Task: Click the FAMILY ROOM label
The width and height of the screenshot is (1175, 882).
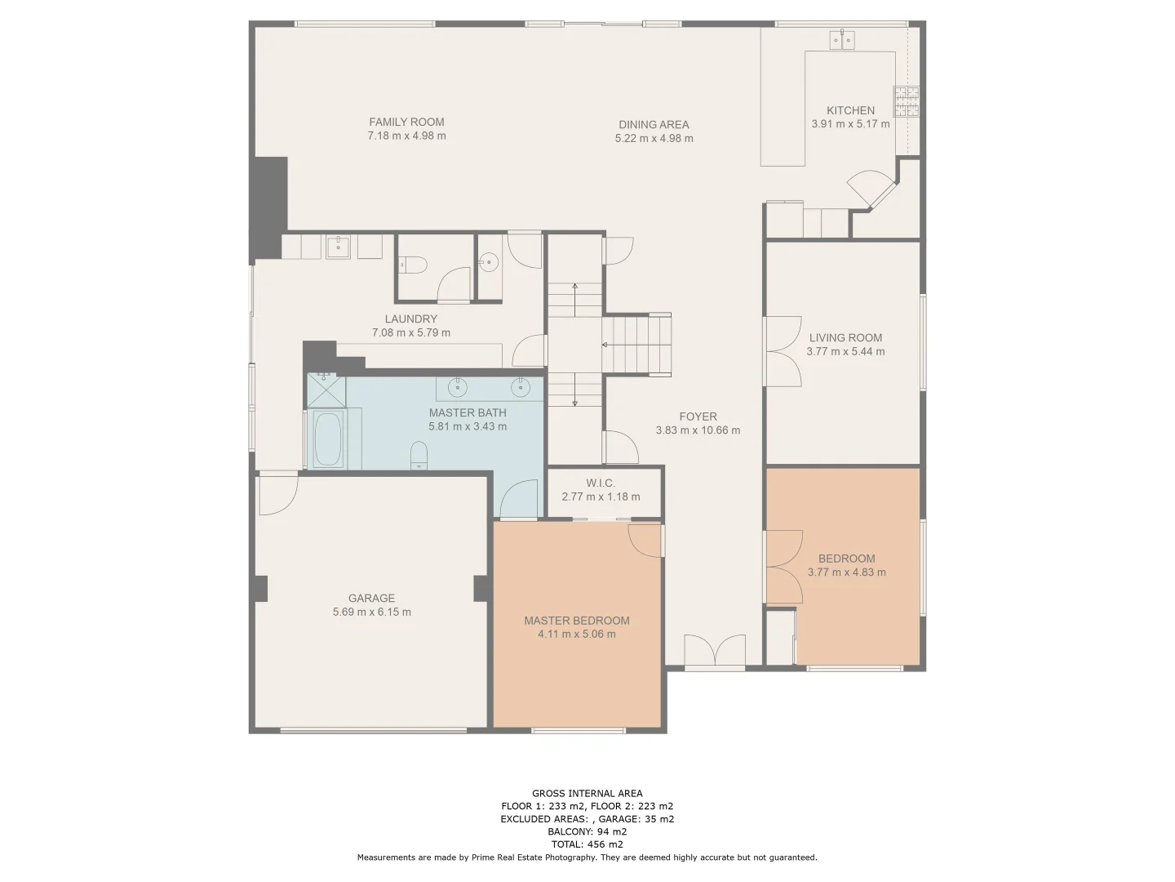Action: (x=406, y=122)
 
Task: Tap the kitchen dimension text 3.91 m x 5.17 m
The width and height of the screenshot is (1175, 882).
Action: (x=850, y=123)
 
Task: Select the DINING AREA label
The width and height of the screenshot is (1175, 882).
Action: (x=654, y=125)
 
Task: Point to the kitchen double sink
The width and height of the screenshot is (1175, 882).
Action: (x=841, y=40)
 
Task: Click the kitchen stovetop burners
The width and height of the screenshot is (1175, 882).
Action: (x=906, y=102)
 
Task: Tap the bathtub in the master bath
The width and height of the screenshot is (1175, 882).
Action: (x=328, y=439)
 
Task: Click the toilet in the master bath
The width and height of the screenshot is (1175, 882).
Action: (x=419, y=455)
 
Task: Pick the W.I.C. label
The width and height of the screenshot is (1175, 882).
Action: (x=600, y=483)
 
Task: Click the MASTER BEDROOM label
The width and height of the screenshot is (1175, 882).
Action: (x=577, y=621)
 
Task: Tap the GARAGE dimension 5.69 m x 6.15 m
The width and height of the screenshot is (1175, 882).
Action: (x=371, y=612)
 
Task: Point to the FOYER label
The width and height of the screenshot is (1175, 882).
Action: (x=698, y=416)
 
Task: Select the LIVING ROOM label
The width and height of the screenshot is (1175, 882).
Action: (x=845, y=338)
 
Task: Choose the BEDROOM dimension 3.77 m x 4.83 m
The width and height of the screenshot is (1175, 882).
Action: (x=846, y=572)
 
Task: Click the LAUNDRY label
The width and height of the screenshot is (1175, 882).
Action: (x=410, y=319)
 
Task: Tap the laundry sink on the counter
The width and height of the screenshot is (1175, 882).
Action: (x=338, y=247)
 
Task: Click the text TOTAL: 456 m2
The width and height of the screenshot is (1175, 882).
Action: (x=587, y=844)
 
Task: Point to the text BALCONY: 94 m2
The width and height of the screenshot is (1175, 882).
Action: (x=587, y=831)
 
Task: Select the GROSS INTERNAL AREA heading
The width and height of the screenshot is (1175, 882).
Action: (x=587, y=794)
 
